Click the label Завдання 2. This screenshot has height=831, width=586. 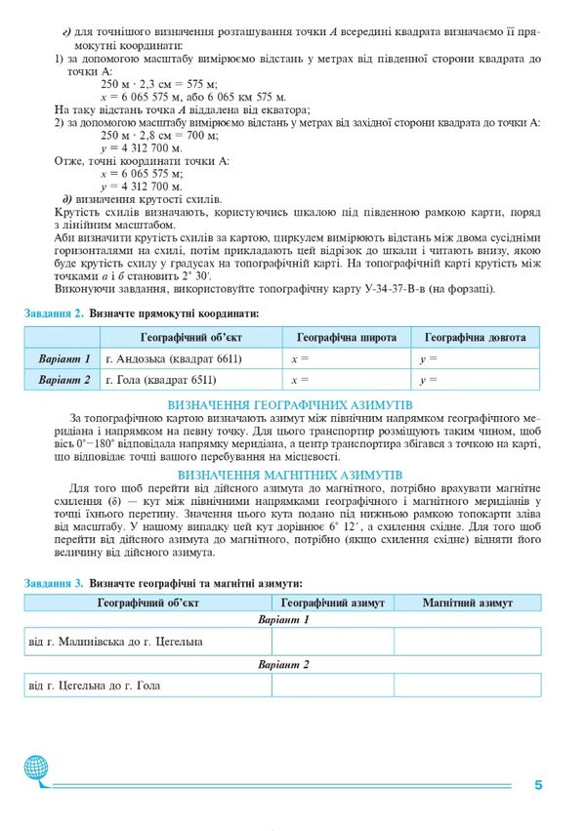(x=52, y=313)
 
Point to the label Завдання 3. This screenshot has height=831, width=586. (x=52, y=583)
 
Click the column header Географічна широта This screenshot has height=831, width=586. (x=346, y=337)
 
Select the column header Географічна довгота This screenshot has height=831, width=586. (x=475, y=337)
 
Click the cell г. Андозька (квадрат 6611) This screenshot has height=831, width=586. (x=173, y=358)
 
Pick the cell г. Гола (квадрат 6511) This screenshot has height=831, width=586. (x=160, y=380)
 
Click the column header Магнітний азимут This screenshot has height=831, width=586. (x=467, y=603)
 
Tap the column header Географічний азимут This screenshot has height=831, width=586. (x=332, y=603)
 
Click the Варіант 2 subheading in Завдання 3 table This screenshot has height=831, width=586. (x=283, y=664)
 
